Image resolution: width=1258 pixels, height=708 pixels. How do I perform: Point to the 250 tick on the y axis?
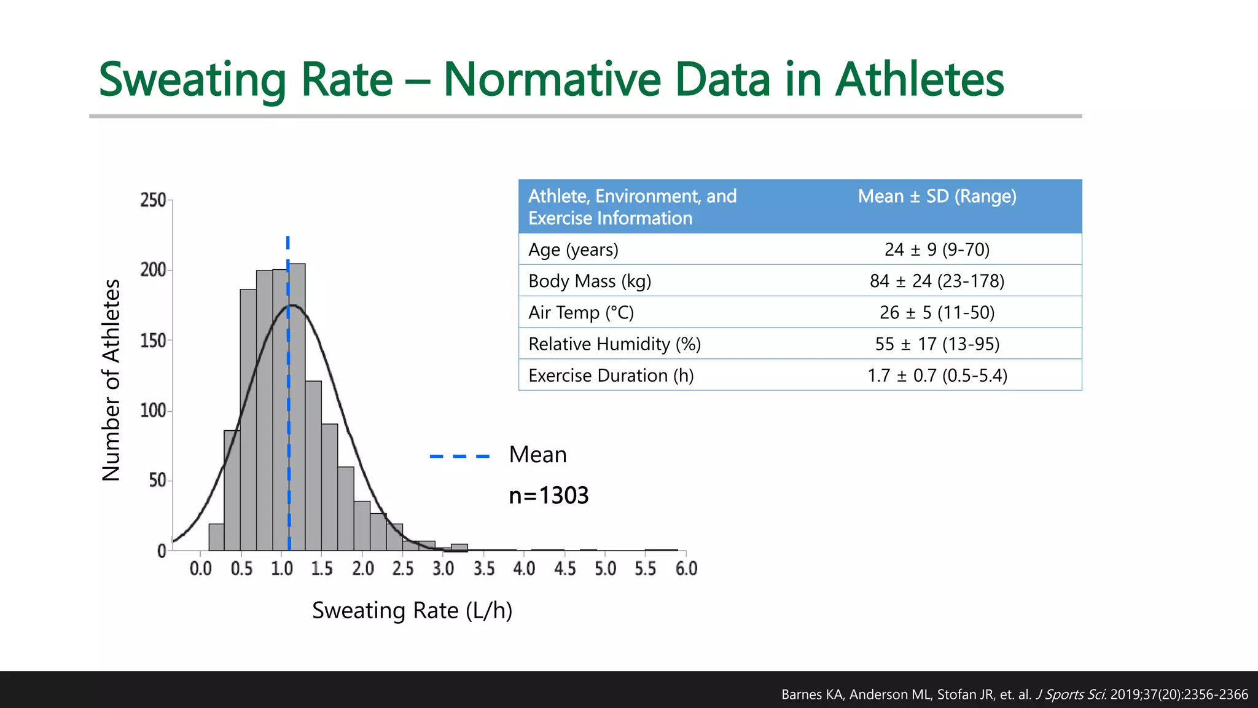pyautogui.click(x=154, y=200)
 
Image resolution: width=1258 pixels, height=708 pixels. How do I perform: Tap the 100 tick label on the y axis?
pyautogui.click(x=154, y=411)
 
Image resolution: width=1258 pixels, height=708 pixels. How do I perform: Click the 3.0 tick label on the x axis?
pyautogui.click(x=443, y=568)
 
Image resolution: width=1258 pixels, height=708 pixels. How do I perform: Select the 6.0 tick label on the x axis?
pyautogui.click(x=686, y=568)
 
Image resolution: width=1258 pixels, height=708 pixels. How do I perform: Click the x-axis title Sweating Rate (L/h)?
pyautogui.click(x=412, y=610)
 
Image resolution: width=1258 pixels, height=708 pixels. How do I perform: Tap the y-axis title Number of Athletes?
pyautogui.click(x=111, y=380)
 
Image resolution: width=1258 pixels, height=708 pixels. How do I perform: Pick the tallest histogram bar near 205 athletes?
pyautogui.click(x=297, y=406)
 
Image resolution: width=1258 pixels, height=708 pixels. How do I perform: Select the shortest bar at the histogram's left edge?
pyautogui.click(x=216, y=537)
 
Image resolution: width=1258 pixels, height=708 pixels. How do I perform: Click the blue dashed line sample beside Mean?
pyautogui.click(x=459, y=456)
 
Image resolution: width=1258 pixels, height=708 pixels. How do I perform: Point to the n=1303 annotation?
pyautogui.click(x=549, y=495)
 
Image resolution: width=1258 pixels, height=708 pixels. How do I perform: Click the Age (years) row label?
pyautogui.click(x=573, y=250)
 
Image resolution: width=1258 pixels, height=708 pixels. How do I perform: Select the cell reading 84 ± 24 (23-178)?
pyautogui.click(x=937, y=281)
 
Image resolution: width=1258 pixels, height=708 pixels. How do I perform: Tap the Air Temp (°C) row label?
pyautogui.click(x=580, y=312)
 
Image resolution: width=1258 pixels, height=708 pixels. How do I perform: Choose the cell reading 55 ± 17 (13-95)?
pyautogui.click(x=937, y=344)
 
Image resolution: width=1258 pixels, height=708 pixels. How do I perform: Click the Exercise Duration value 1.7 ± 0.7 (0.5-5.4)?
pyautogui.click(x=937, y=375)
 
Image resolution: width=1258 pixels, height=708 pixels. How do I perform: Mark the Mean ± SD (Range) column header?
pyautogui.click(x=937, y=196)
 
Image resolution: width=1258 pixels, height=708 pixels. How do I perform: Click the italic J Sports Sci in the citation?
pyautogui.click(x=1071, y=694)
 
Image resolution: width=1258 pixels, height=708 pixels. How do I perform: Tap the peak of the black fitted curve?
pyautogui.click(x=292, y=305)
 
